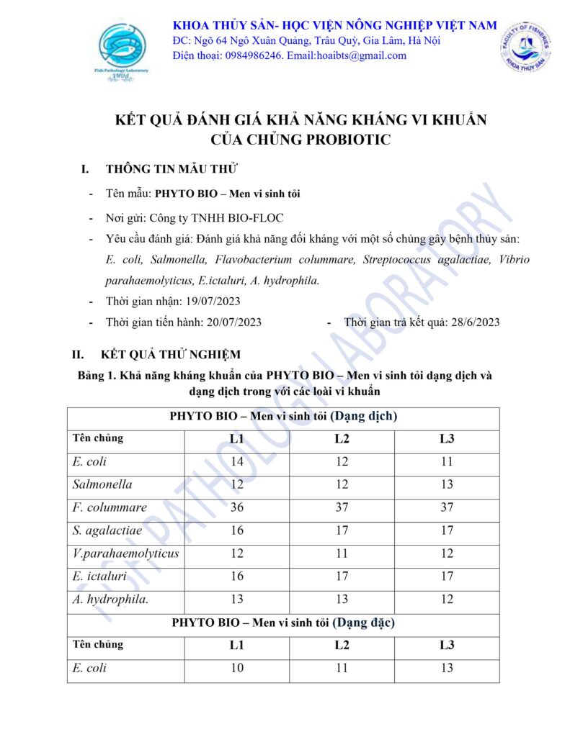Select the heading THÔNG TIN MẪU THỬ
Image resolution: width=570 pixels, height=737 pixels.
click(172, 169)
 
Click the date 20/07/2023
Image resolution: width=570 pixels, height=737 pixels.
click(225, 322)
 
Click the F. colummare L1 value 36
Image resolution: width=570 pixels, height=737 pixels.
click(236, 507)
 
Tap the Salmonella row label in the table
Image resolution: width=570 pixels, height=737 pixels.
click(102, 484)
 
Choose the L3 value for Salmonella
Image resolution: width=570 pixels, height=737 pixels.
click(447, 484)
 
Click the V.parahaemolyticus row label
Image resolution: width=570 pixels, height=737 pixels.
click(125, 553)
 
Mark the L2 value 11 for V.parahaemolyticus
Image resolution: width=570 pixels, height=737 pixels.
click(342, 553)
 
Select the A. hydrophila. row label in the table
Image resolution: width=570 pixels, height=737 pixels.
click(107, 599)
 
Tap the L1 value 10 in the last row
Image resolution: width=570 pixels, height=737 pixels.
click(236, 668)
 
